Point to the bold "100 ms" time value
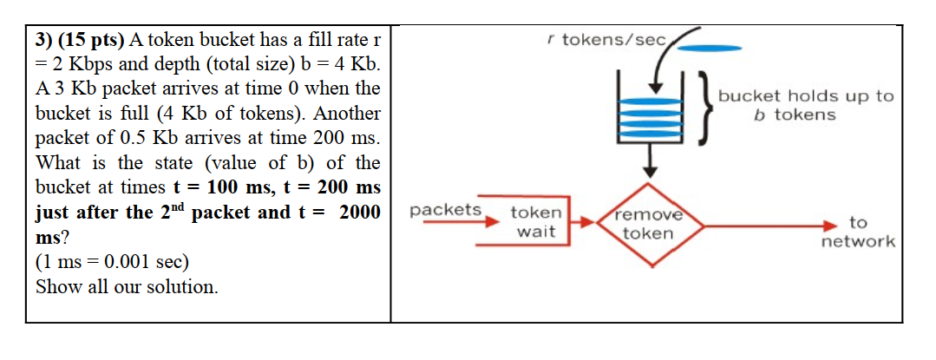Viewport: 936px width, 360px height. (x=228, y=187)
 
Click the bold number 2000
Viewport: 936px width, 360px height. (x=360, y=213)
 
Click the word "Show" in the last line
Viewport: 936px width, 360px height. (x=57, y=286)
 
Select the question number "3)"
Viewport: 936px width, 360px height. (x=46, y=40)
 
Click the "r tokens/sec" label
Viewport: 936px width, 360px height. (x=606, y=40)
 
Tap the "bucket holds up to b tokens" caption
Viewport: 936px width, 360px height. (x=804, y=106)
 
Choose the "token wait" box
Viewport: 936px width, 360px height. (x=536, y=222)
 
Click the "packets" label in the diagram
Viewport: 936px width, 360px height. (x=445, y=210)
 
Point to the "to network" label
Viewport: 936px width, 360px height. (x=857, y=232)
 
